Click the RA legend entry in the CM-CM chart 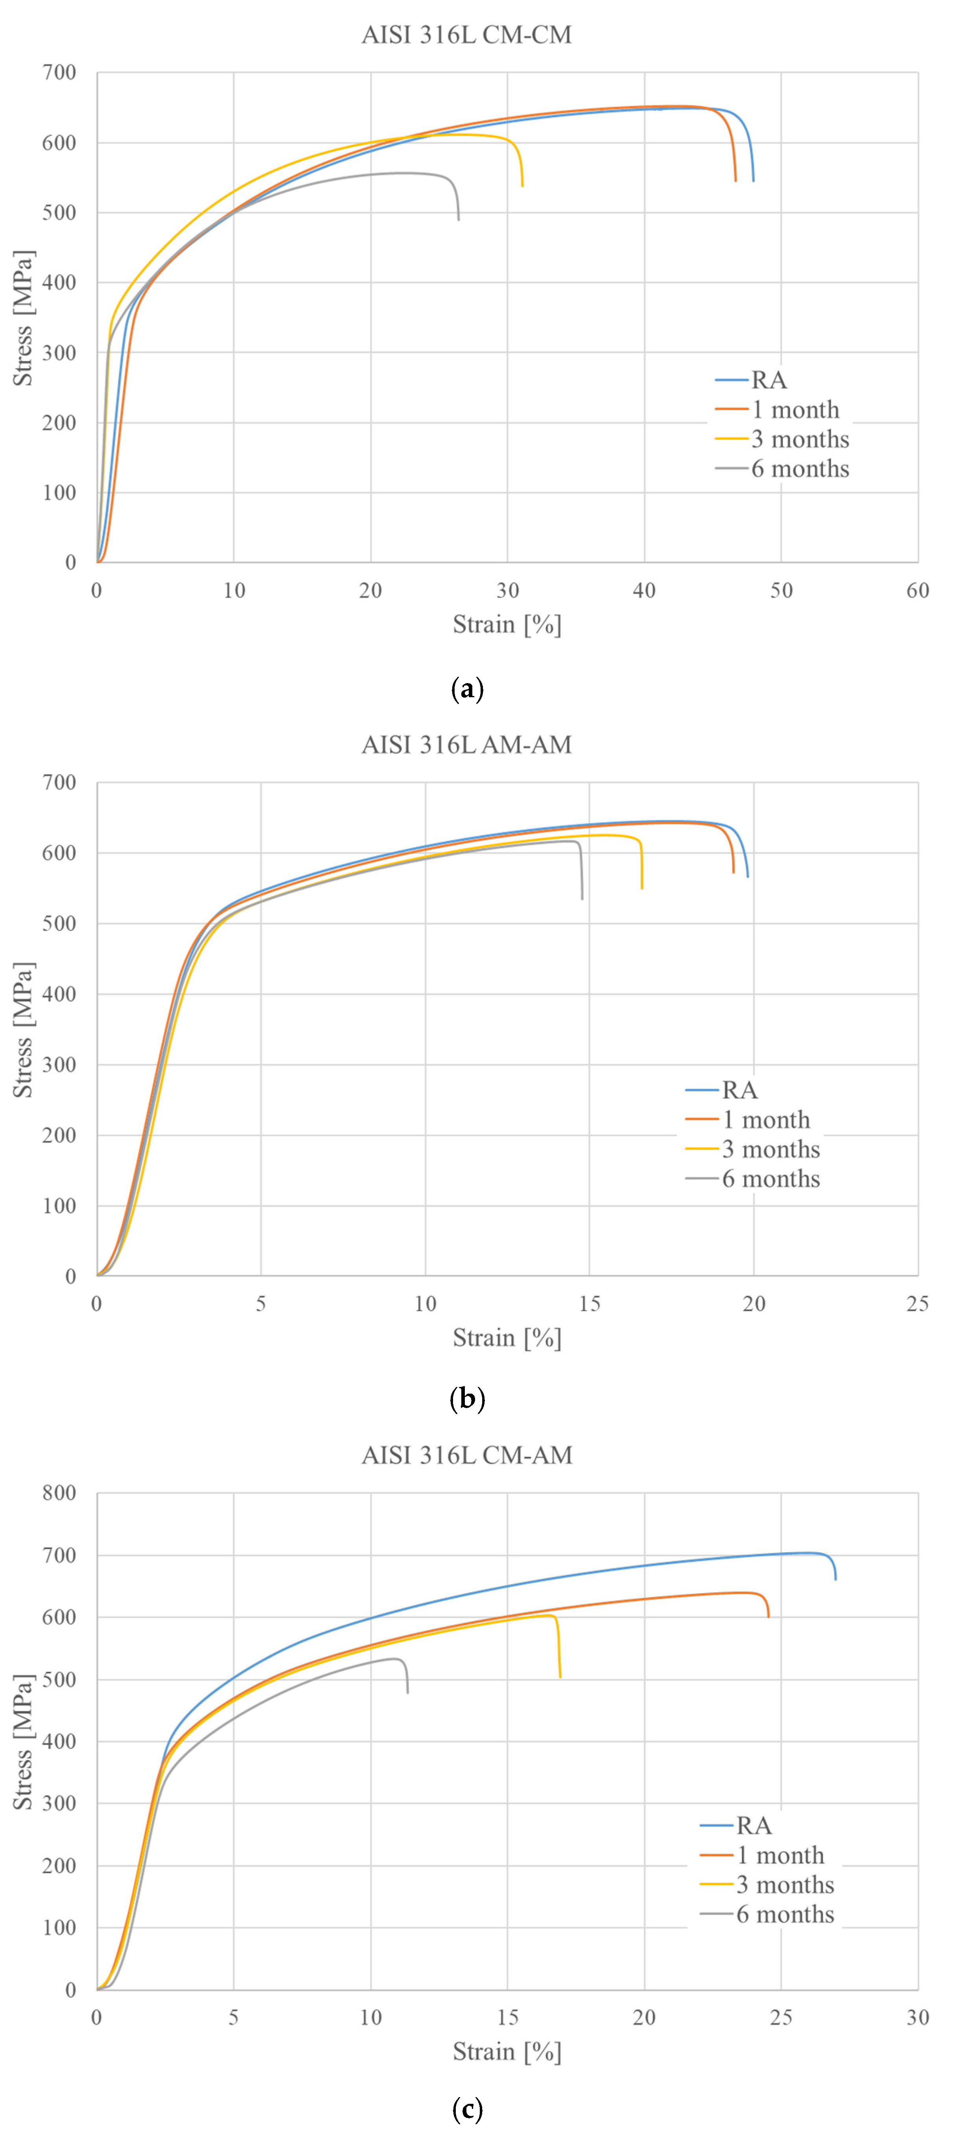click(x=769, y=380)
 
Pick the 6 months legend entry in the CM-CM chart click(x=799, y=469)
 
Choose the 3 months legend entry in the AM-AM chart click(x=771, y=1149)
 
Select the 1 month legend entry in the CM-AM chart click(x=780, y=1855)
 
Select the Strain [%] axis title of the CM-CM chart click(x=507, y=624)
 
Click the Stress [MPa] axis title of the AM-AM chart click(x=23, y=1030)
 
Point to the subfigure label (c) click(x=466, y=2109)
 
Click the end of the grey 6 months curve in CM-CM click(x=458, y=219)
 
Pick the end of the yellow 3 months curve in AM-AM click(x=642, y=888)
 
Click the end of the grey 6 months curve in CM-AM click(x=407, y=1692)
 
